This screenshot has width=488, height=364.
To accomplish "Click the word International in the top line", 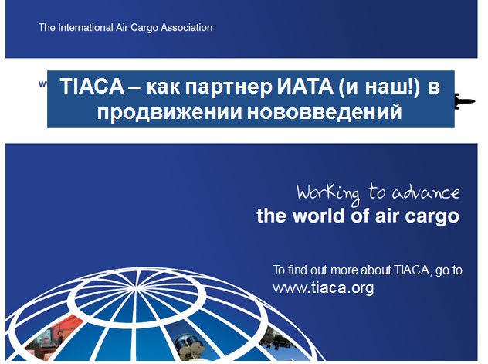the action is point(85,27).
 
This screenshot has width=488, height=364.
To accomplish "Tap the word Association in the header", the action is point(187,27).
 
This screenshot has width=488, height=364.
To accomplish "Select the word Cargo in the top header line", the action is point(144,28).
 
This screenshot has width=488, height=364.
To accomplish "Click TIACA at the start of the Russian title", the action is point(92,86).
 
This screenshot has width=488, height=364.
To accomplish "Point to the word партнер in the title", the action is point(229,87).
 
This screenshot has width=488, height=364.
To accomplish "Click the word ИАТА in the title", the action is point(305,86).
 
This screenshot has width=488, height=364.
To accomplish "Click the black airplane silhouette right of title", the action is point(465,101).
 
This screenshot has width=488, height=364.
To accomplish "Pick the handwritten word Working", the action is point(328,194).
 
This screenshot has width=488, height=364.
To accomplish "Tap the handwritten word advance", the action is point(425,192).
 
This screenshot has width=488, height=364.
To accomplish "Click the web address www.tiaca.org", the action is point(323,287).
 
